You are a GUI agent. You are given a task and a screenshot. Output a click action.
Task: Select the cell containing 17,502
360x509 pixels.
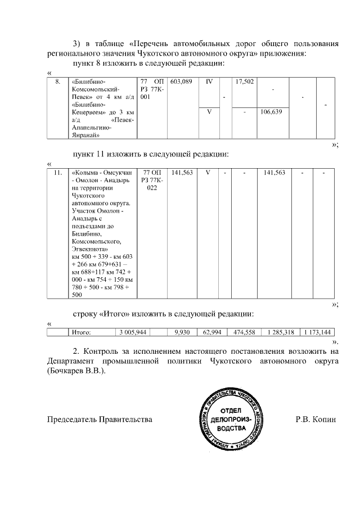click(x=244, y=82)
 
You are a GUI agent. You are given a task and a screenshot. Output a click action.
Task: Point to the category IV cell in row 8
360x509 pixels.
click(x=209, y=82)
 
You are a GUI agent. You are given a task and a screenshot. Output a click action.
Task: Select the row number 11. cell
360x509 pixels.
click(x=57, y=173)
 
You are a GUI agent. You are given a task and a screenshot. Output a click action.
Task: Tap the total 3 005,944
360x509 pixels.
click(x=133, y=332)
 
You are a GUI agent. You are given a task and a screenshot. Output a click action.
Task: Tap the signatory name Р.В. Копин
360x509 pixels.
click(x=315, y=420)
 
